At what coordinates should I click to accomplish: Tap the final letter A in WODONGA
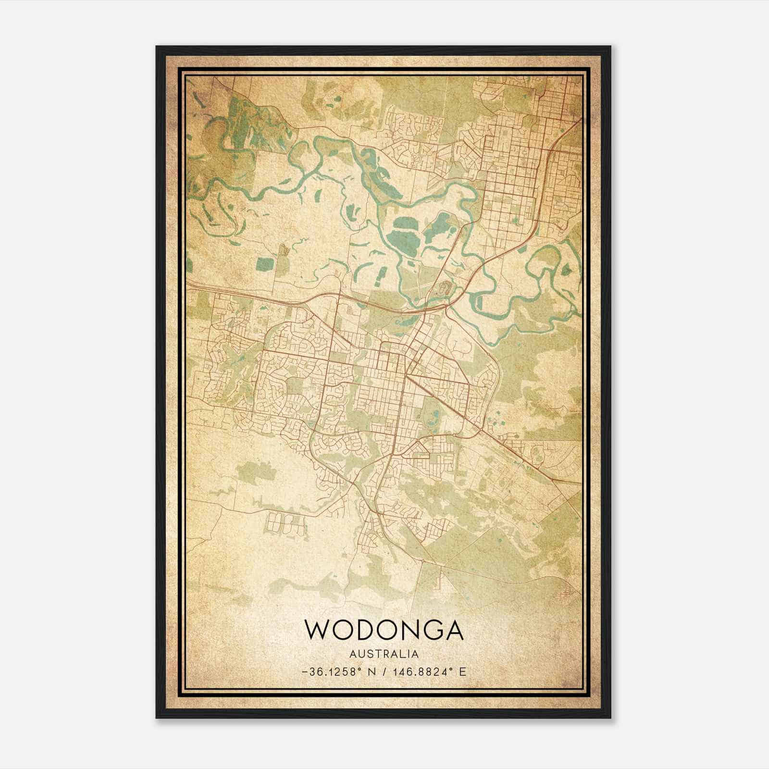(453, 630)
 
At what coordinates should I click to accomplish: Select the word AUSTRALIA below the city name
(384, 654)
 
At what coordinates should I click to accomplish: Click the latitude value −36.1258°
(331, 672)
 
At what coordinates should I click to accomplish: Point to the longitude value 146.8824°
(426, 672)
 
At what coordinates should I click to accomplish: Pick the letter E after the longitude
(462, 672)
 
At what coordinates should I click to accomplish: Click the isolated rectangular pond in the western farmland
(263, 263)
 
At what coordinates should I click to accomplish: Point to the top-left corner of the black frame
(157, 47)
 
